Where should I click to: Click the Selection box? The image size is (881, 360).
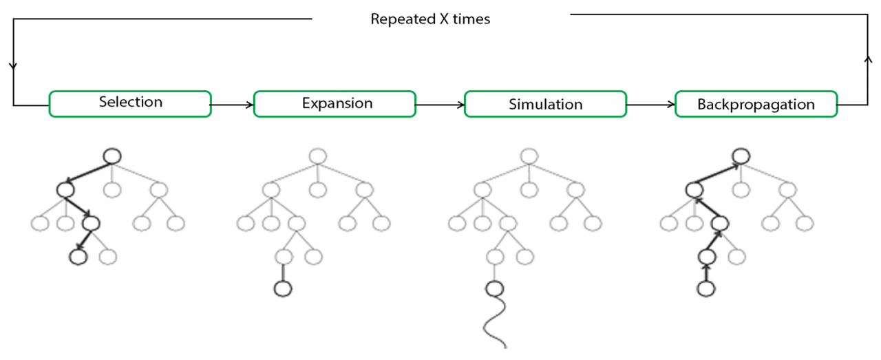130,104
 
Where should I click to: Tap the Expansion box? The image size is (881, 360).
335,104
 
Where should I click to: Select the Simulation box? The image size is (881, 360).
546,104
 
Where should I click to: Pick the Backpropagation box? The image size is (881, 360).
756,104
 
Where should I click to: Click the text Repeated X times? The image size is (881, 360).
430,19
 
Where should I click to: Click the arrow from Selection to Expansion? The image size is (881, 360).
232,105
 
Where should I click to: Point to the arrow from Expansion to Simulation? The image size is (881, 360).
440,105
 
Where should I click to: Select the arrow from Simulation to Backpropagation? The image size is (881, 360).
651,105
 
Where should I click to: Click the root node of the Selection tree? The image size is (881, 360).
112,156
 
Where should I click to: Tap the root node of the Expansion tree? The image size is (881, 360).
318,156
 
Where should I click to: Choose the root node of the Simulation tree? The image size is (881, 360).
529,156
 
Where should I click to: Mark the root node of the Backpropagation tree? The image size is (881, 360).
741,156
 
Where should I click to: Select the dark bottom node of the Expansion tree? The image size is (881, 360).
283,289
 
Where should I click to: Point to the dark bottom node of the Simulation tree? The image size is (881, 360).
494,289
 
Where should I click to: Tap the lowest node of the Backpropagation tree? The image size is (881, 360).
706,289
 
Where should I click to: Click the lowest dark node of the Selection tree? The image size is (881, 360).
78,257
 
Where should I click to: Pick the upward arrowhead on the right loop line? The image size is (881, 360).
868,59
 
